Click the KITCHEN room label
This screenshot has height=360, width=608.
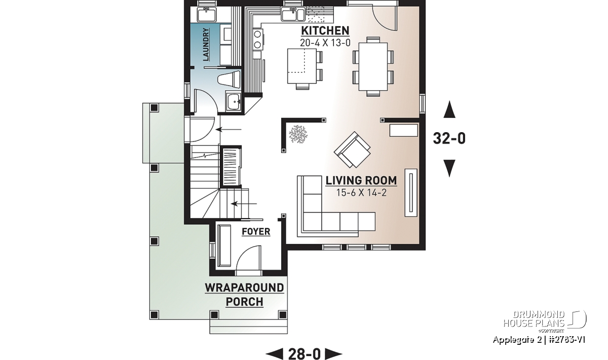(x=325, y=31)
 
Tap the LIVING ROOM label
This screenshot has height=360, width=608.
(x=361, y=181)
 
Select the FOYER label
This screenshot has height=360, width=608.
(x=256, y=232)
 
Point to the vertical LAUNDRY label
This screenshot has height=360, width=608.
(x=206, y=45)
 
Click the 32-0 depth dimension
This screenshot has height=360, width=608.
(x=449, y=138)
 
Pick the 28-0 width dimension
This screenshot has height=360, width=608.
(x=305, y=354)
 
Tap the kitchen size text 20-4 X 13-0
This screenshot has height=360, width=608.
(x=325, y=43)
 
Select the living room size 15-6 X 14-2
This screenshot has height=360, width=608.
(x=361, y=192)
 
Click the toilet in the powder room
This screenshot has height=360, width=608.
(x=230, y=79)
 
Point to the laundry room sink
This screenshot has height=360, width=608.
(x=207, y=14)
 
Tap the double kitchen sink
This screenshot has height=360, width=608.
(x=293, y=14)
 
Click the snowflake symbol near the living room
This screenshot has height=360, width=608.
(x=298, y=134)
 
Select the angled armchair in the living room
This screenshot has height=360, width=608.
(x=352, y=150)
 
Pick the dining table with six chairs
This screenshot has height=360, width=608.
(x=373, y=66)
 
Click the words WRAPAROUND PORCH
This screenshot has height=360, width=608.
(x=244, y=295)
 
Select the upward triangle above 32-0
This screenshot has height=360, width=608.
(x=449, y=109)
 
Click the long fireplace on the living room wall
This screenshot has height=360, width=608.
(x=411, y=192)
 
